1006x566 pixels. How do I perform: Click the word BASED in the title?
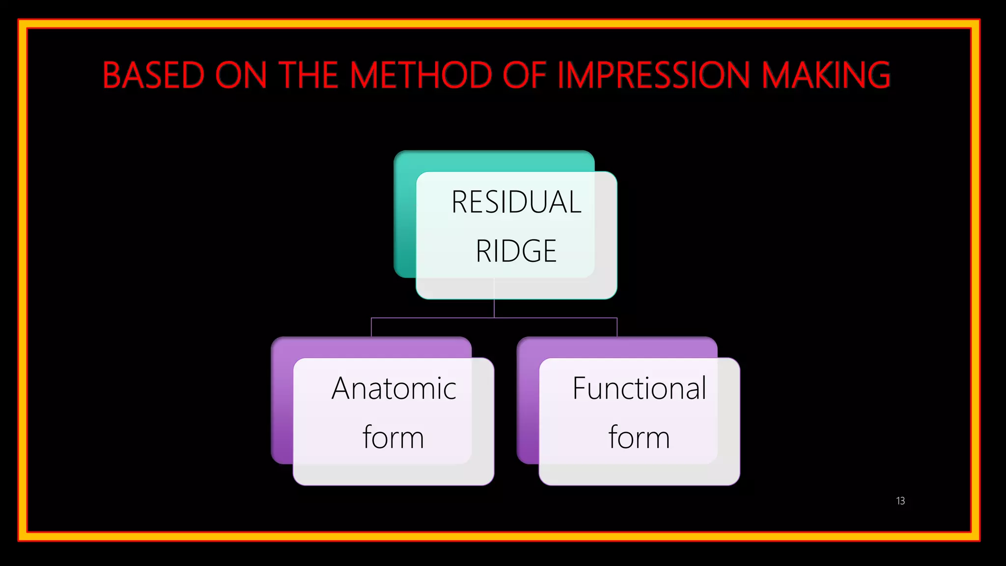coord(153,76)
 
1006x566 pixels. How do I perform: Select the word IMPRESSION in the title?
coord(654,76)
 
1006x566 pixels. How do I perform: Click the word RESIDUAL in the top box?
coord(516,202)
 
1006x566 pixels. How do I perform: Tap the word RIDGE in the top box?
coord(516,251)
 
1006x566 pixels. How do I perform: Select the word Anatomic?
coord(394,389)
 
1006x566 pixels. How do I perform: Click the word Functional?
coord(639,389)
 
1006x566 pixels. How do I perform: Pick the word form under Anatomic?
coord(393,437)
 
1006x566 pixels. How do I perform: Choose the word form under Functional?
coord(639,437)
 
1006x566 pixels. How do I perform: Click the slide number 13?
coord(900,501)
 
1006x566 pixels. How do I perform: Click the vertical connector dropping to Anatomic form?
coord(371,327)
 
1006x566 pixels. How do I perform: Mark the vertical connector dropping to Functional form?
coord(617,327)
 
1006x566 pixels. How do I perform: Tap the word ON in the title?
coord(241,76)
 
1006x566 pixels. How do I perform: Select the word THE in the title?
coord(309,76)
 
